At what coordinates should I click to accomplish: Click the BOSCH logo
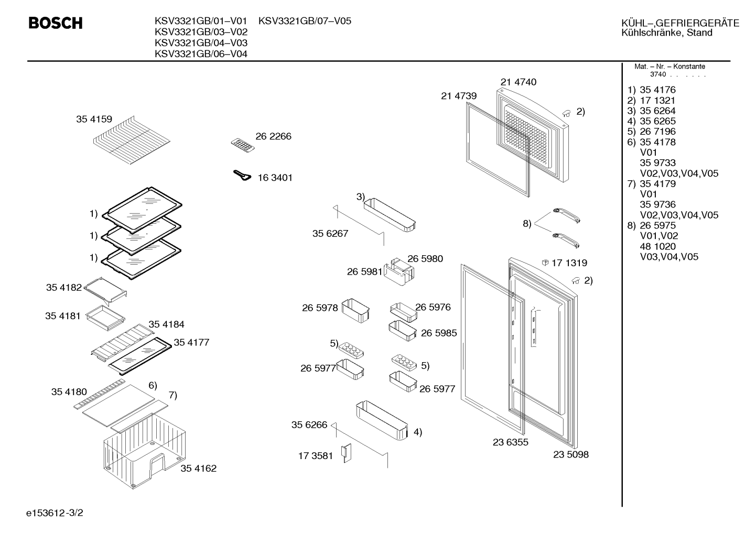click(56, 23)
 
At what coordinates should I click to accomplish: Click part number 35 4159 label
click(94, 119)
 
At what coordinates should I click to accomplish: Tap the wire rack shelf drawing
click(132, 140)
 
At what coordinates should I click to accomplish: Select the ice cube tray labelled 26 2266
click(243, 145)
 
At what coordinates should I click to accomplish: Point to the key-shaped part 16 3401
click(242, 176)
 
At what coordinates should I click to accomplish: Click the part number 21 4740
click(519, 82)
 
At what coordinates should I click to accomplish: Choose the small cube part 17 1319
click(545, 263)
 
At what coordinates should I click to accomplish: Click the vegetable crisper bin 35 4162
click(145, 451)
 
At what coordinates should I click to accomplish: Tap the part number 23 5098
click(571, 454)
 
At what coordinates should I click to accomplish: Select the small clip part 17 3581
click(347, 453)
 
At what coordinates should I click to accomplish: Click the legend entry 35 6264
click(657, 111)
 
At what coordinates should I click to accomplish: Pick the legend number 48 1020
click(657, 246)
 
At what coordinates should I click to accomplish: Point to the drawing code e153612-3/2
click(55, 513)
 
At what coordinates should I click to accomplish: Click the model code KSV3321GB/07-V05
click(305, 21)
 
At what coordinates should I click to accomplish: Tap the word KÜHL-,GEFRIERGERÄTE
click(681, 23)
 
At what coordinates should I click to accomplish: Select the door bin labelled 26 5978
click(355, 310)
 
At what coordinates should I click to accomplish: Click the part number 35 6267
click(330, 233)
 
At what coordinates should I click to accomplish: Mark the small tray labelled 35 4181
click(105, 318)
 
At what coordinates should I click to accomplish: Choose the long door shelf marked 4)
click(382, 420)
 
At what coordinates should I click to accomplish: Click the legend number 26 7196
click(657, 131)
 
